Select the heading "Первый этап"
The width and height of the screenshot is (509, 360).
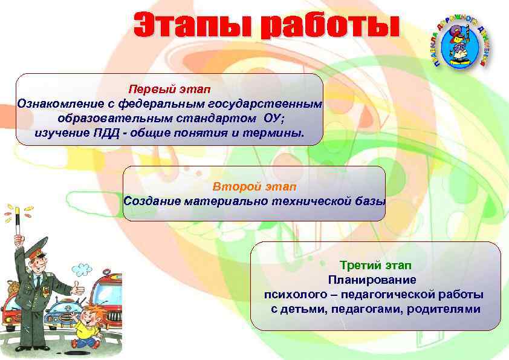tap(169, 90)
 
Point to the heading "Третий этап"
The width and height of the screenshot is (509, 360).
tap(375, 265)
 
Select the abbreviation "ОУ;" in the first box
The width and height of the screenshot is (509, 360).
tap(278, 118)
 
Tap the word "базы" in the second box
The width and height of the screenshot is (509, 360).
tap(369, 201)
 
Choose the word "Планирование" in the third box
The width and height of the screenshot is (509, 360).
tap(372, 280)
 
